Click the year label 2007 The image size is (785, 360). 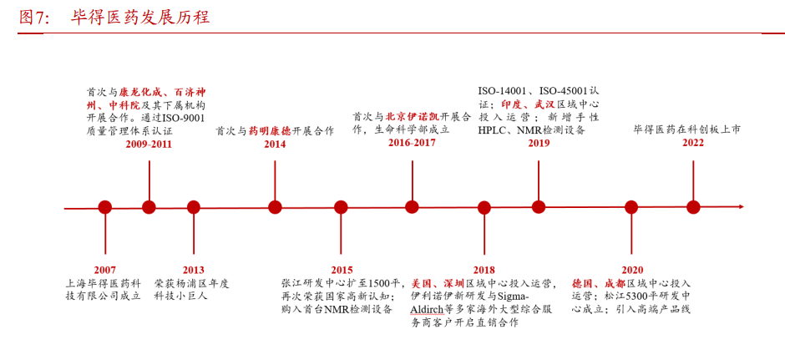(104, 270)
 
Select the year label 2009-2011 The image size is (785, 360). (149, 145)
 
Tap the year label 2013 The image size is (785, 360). (193, 270)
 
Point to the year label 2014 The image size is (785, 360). (275, 145)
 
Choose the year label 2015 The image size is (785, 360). (342, 270)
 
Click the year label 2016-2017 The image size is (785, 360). (412, 142)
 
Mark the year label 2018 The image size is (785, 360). (484, 270)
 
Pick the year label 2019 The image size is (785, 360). (539, 143)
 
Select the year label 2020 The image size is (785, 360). (632, 270)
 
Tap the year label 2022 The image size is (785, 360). (693, 143)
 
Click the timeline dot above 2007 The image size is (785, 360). (105, 207)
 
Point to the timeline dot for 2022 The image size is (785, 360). (693, 207)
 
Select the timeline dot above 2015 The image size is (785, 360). (341, 207)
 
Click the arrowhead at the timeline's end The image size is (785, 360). (742, 207)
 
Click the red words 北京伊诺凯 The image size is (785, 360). (412, 117)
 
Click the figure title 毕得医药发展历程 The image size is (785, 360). (139, 18)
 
